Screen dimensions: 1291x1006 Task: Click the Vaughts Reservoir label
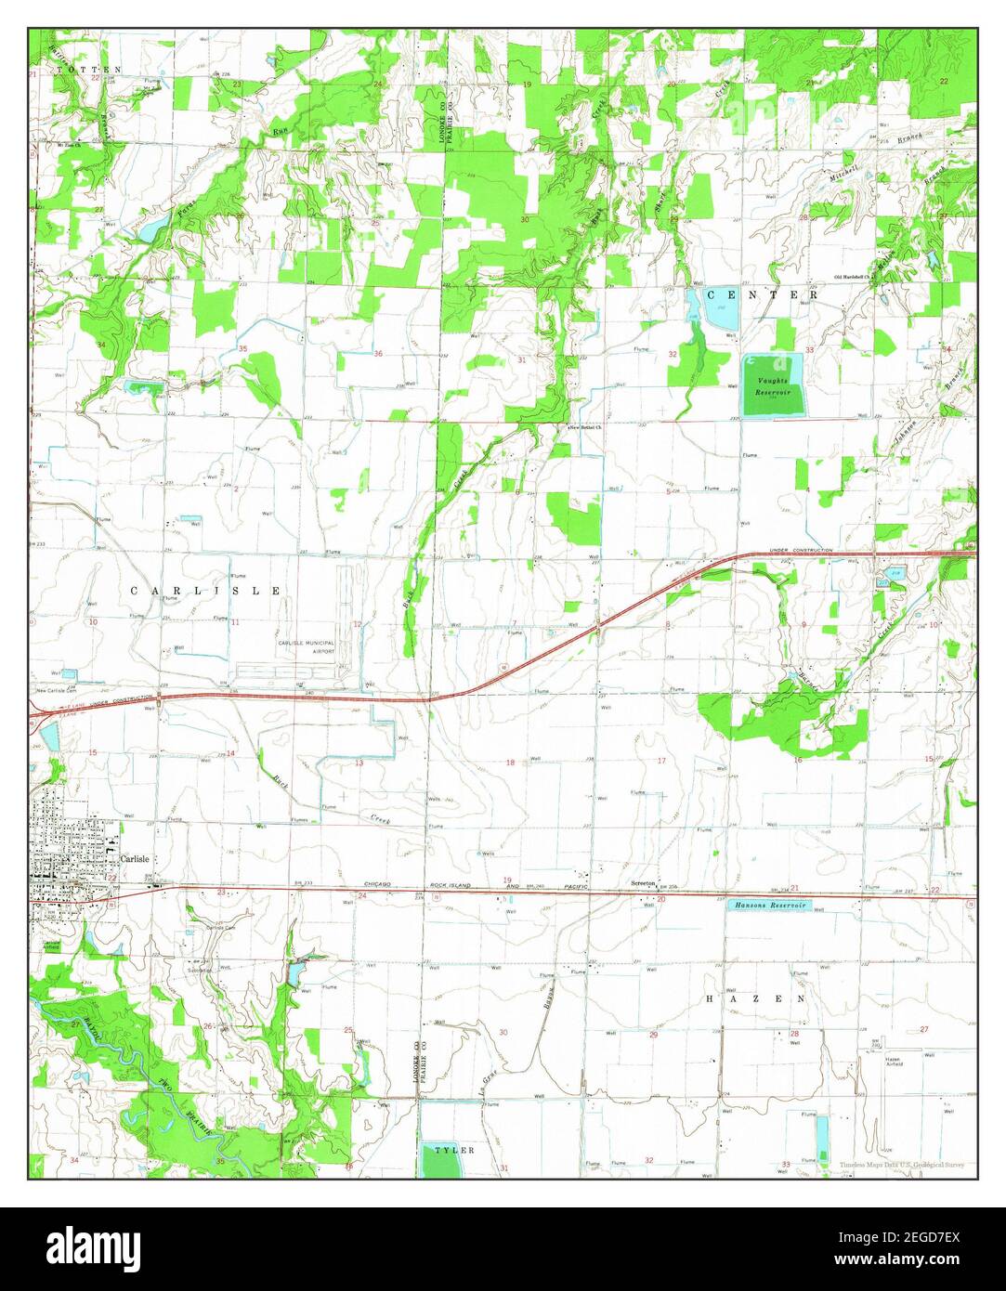[772, 388]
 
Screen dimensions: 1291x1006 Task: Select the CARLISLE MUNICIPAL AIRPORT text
[305, 647]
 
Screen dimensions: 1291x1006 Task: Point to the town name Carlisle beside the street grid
[135, 859]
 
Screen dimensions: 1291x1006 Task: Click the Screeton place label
[644, 883]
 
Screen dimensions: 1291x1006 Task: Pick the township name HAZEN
[755, 998]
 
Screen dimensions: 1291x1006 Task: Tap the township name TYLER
[454, 1150]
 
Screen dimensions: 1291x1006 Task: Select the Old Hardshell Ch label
[855, 277]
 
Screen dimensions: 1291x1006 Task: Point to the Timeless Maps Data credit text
[901, 1165]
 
